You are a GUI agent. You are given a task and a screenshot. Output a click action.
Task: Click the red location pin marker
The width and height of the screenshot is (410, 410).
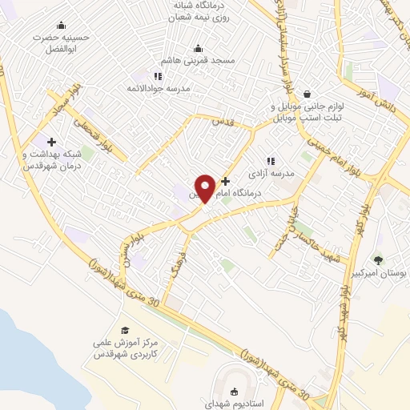[x=206, y=187]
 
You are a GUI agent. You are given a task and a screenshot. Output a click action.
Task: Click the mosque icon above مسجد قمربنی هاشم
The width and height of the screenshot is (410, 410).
[x=198, y=48]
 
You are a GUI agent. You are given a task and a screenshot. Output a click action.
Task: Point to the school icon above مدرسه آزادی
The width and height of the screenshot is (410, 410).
[x=270, y=160]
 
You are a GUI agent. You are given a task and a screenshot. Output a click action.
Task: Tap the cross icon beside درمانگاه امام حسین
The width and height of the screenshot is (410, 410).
[x=225, y=181]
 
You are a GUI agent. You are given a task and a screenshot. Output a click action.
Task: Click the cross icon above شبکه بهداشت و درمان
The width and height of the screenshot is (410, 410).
[x=52, y=142]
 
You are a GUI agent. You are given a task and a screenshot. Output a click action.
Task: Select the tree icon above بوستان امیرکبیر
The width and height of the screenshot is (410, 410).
[x=378, y=260]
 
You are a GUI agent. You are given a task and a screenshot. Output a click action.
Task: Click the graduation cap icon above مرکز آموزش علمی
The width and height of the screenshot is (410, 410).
[x=125, y=330]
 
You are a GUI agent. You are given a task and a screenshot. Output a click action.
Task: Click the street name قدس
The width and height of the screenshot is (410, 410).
[x=221, y=121]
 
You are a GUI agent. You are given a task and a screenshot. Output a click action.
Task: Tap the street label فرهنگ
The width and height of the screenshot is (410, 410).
[x=178, y=261]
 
